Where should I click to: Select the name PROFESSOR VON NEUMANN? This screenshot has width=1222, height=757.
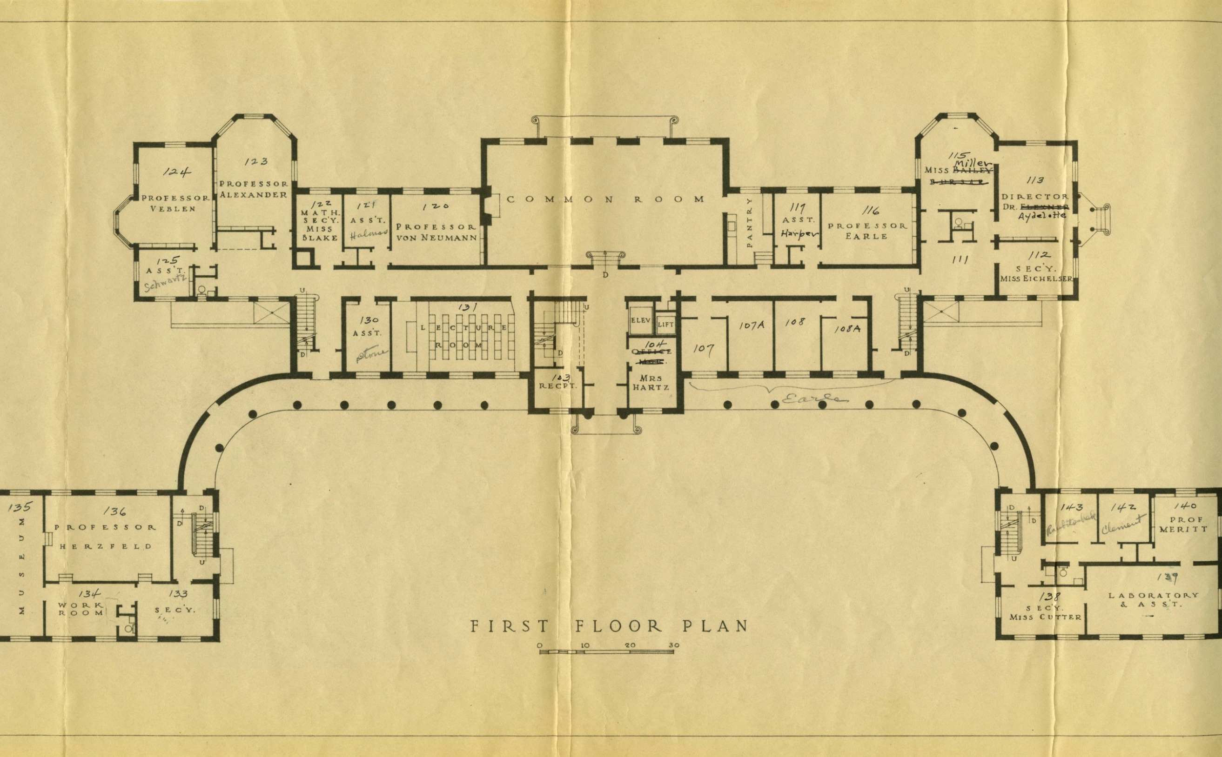[x=436, y=232]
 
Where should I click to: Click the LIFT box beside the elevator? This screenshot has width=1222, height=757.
[x=666, y=325]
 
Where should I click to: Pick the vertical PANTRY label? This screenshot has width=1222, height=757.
[x=750, y=222]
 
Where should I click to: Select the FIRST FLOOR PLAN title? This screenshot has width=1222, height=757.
[x=609, y=626]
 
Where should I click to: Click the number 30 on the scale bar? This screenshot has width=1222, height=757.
[x=674, y=645]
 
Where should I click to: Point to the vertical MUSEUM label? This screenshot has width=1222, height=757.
[x=21, y=566]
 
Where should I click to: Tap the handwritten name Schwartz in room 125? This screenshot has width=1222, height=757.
[x=165, y=282]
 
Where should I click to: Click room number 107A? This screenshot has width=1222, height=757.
[x=752, y=326]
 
